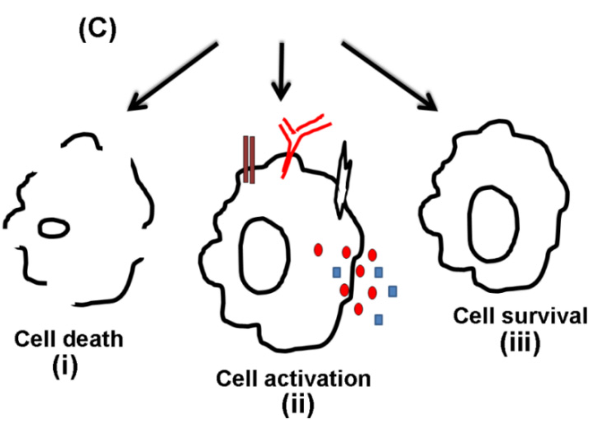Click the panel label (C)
[x=97, y=30]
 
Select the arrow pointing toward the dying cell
[x=173, y=75]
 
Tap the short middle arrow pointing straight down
[x=281, y=70]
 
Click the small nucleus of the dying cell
[x=54, y=228]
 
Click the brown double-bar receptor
[x=249, y=159]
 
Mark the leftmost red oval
[x=317, y=250]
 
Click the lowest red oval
[x=358, y=309]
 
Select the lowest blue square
[x=379, y=319]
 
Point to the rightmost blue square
[x=393, y=292]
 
